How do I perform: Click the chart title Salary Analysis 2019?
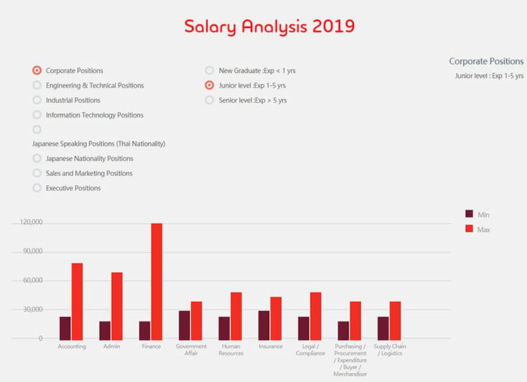pos(269,27)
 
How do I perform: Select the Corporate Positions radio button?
pos(37,70)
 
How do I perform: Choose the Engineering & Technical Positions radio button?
pos(37,85)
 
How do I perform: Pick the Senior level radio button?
pos(209,100)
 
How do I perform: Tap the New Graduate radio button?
pos(209,70)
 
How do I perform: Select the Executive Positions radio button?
pos(37,188)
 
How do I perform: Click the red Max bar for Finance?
pos(157,281)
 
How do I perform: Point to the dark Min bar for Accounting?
pos(65,328)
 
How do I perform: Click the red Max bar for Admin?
pos(117,306)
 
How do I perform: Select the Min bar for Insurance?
pos(263,325)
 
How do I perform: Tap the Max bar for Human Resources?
pos(236,316)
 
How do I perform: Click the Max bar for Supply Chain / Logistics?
pos(395,321)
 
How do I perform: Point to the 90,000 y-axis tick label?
pos(33,251)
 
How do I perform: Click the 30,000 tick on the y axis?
pos(33,310)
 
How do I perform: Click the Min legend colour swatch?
pos(469,214)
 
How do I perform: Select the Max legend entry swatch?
pos(469,229)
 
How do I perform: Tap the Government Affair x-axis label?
pos(191,350)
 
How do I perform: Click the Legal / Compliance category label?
pos(310,350)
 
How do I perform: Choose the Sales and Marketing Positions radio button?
pos(37,173)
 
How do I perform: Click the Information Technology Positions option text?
pos(95,115)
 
